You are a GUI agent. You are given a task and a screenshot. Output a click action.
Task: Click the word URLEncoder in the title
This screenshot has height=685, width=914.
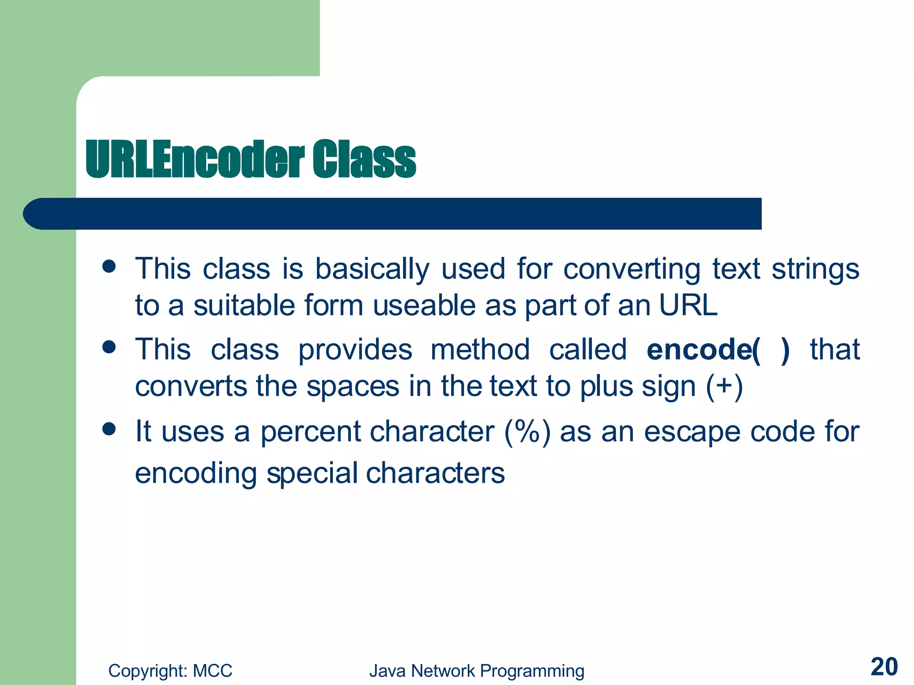[x=195, y=159]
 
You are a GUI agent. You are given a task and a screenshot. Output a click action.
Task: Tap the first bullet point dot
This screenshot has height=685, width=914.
[x=109, y=267]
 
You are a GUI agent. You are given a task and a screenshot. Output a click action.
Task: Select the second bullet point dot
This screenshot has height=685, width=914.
[x=109, y=347]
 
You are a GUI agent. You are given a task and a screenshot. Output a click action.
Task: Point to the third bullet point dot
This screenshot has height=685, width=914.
[x=109, y=429]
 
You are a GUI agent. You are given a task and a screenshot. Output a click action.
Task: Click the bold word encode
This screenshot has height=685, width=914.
[x=698, y=349]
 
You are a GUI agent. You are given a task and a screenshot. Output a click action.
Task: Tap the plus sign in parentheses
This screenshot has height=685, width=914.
[x=725, y=386]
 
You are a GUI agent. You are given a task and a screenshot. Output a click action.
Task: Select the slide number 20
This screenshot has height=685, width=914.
[x=884, y=667]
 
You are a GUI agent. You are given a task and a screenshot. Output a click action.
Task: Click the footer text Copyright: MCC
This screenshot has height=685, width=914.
[x=170, y=671]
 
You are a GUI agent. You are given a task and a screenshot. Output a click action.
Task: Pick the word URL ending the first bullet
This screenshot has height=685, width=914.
[x=688, y=305]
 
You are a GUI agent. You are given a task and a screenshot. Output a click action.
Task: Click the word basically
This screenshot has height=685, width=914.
[x=372, y=269]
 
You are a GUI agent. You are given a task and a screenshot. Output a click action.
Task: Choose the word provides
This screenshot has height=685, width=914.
[x=355, y=349]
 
